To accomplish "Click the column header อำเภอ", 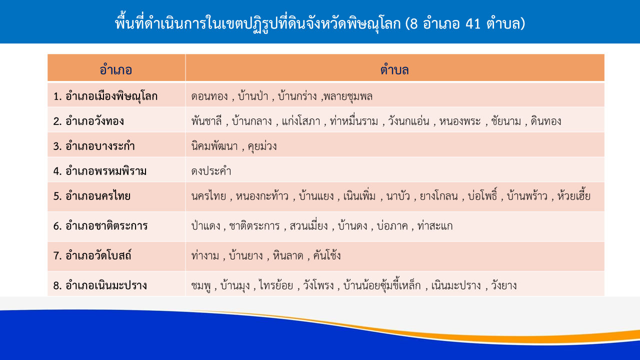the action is (115, 69).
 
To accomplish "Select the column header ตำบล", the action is (394, 69).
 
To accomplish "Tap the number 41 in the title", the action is (473, 23).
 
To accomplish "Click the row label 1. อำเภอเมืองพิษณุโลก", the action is (105, 96).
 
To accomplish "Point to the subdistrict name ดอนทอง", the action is (209, 96).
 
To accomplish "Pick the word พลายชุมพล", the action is (348, 96).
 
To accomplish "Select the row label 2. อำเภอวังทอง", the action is (88, 121).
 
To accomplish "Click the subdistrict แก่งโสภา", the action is (301, 121).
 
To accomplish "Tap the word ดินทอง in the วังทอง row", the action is (545, 121).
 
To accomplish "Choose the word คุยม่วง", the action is (262, 146).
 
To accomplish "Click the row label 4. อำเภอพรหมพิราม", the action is (99, 171).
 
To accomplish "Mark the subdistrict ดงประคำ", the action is (211, 171).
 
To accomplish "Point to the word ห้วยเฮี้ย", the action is (573, 195).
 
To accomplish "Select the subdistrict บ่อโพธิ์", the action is (482, 195).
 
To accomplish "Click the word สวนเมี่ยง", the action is (308, 225).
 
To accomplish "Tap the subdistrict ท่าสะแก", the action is (435, 225).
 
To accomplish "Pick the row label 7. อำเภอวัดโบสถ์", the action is (92, 255).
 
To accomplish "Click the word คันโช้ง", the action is (327, 255).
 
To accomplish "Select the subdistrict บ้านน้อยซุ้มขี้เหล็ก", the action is (382, 285).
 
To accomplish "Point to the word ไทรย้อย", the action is (276, 285).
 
